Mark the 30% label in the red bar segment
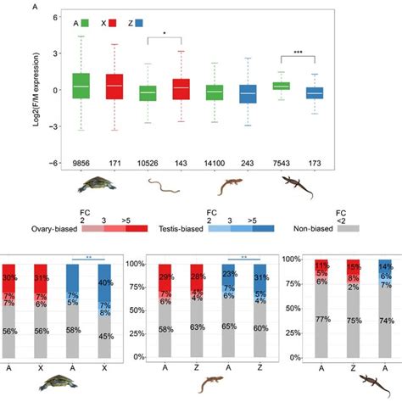click(x=31, y=277)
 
